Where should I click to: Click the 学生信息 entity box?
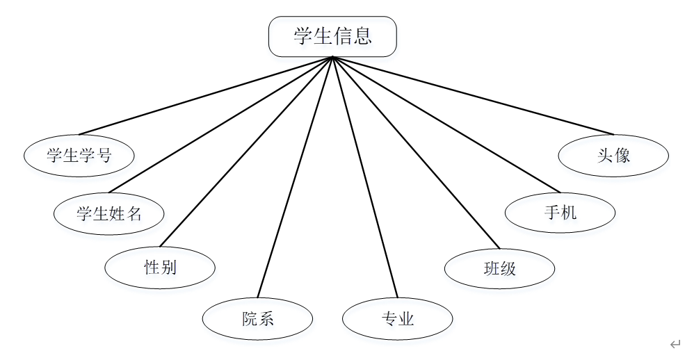click(332, 37)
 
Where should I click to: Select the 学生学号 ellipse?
click(79, 156)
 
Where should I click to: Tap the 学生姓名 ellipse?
click(109, 213)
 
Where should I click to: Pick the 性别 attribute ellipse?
click(160, 267)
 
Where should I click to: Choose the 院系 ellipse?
click(257, 318)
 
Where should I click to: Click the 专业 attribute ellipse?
click(398, 319)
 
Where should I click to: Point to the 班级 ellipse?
click(499, 268)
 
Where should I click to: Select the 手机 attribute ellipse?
click(560, 213)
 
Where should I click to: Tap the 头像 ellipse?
click(613, 156)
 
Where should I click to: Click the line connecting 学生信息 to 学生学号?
click(206, 95)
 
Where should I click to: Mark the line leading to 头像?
click(473, 95)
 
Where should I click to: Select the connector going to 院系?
click(295, 178)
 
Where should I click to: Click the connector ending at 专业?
click(365, 178)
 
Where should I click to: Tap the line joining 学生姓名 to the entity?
click(220, 125)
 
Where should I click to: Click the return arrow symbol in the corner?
click(675, 343)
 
